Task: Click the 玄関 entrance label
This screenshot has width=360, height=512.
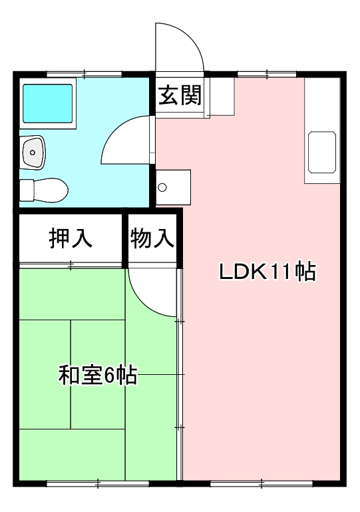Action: (x=180, y=95)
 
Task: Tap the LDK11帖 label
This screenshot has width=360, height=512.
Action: (x=268, y=272)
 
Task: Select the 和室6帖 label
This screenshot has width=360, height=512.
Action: (x=98, y=376)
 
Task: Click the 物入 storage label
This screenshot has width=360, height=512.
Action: (x=152, y=238)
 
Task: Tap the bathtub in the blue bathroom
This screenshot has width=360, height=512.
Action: (x=48, y=103)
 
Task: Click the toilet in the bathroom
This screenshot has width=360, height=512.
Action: (x=44, y=190)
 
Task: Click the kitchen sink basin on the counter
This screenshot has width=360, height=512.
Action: (x=322, y=152)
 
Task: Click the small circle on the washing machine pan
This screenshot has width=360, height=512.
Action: (x=162, y=188)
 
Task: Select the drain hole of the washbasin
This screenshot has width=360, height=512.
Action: (x=33, y=152)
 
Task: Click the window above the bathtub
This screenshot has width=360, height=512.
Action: (x=85, y=74)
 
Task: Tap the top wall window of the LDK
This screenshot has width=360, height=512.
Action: (x=267, y=74)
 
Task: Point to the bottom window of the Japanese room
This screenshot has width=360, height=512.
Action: (x=98, y=483)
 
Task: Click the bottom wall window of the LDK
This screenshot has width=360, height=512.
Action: (x=262, y=483)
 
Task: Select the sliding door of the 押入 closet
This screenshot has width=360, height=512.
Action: (x=71, y=265)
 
